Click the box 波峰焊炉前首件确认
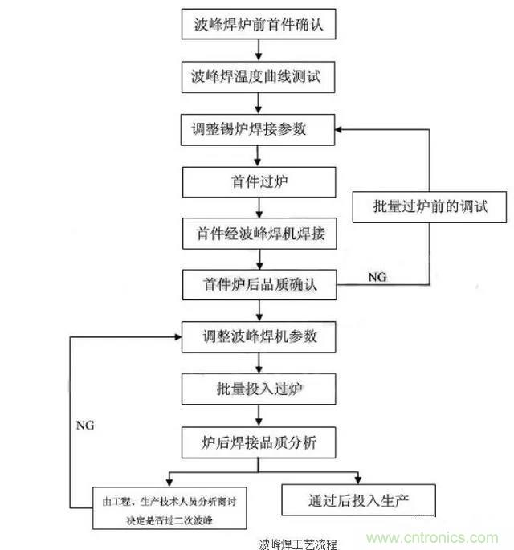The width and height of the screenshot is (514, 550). point(257,25)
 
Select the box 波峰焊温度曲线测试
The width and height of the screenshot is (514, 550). point(257,77)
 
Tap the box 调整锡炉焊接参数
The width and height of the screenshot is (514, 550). point(257,128)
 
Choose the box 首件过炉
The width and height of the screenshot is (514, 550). point(257,181)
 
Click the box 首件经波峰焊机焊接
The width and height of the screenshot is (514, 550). point(257,233)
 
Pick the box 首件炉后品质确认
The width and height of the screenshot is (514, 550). point(257,283)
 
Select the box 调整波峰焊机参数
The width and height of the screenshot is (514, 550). point(257,336)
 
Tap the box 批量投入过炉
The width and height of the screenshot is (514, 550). point(257,389)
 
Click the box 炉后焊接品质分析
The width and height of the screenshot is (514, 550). point(257,441)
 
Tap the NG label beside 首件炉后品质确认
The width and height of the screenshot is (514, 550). point(377,276)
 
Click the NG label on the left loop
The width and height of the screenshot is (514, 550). point(84,425)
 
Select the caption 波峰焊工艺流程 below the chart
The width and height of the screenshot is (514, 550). point(299,544)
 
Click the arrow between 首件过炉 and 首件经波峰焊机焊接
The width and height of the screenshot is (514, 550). point(258,207)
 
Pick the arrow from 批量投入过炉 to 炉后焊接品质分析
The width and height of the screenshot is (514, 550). point(258,415)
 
